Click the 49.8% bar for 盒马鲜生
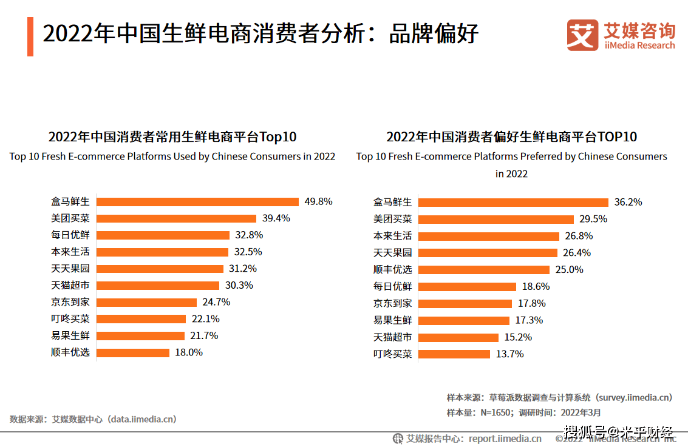pyautogui.click(x=197, y=202)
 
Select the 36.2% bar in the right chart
pyautogui.click(x=513, y=203)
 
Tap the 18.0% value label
pyautogui.click(x=188, y=352)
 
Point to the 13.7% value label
pyautogui.click(x=509, y=354)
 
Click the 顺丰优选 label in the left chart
pyautogui.click(x=70, y=352)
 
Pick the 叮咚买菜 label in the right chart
pyautogui.click(x=392, y=354)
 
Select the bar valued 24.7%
pyautogui.click(x=146, y=302)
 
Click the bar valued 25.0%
pyautogui.click(x=483, y=270)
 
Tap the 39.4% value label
pyautogui.click(x=276, y=218)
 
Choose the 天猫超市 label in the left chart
pyautogui.click(x=70, y=285)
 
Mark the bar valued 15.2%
pyautogui.click(x=458, y=337)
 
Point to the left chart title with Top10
pyautogui.click(x=172, y=137)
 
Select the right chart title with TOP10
pyautogui.click(x=511, y=137)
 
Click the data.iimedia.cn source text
pyautogui.click(x=93, y=419)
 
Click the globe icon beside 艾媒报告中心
pyautogui.click(x=398, y=439)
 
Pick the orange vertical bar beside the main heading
pyautogui.click(x=30, y=36)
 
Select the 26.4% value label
pyautogui.click(x=576, y=253)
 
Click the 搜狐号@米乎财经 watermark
pyautogui.click(x=618, y=433)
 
